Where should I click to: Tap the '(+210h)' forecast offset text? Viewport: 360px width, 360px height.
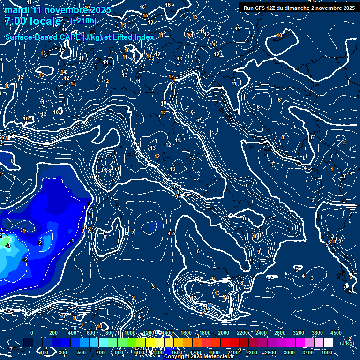point(83,21)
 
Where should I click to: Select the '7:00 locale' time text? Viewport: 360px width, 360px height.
point(33,22)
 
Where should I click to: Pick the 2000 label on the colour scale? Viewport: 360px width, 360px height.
point(224,333)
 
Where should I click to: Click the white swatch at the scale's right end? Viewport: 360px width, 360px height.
point(328,343)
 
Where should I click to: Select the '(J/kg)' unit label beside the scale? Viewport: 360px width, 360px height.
point(347,343)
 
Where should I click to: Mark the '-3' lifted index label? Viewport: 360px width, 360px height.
point(7,245)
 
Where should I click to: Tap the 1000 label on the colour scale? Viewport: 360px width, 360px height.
point(130,333)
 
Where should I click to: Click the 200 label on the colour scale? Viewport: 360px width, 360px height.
point(53,333)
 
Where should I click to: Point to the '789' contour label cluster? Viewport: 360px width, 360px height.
point(106,170)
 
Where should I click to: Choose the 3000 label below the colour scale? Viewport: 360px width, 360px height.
point(289,352)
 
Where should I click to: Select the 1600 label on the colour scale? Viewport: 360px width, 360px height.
point(186,333)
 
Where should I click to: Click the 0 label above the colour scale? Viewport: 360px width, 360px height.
point(32,333)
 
